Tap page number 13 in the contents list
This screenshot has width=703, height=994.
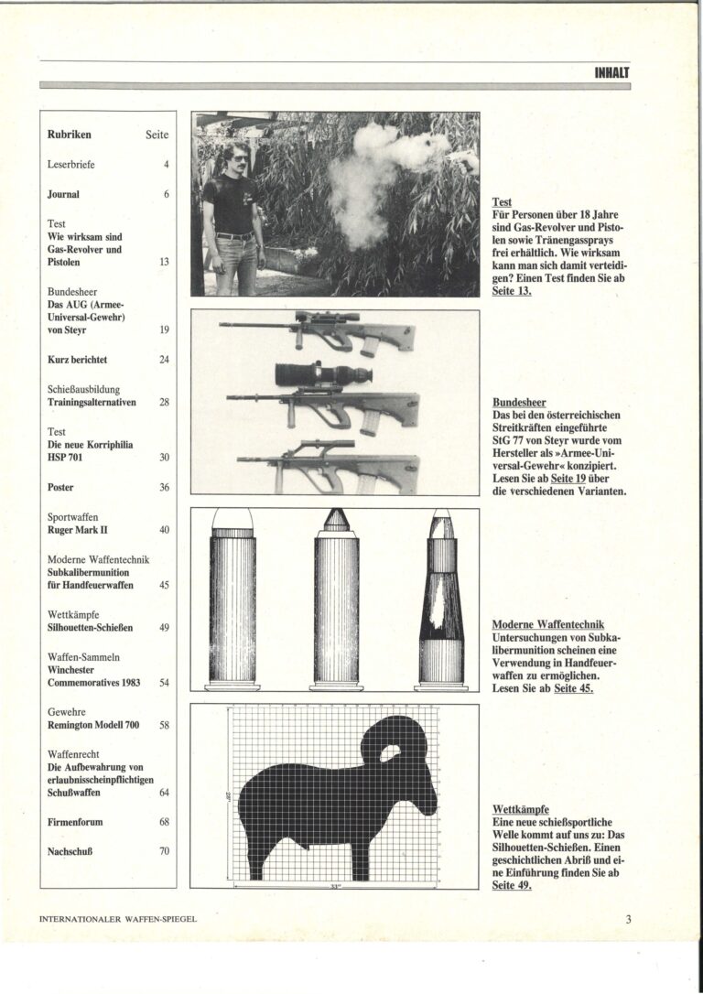coord(164,262)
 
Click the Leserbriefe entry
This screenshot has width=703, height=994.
coord(71,165)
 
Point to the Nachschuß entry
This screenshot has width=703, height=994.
coord(72,850)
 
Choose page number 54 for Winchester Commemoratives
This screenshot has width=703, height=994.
coord(164,682)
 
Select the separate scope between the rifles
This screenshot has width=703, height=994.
coord(320,373)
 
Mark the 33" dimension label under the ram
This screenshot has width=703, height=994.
coord(336,886)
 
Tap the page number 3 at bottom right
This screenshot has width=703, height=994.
coord(629,920)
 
